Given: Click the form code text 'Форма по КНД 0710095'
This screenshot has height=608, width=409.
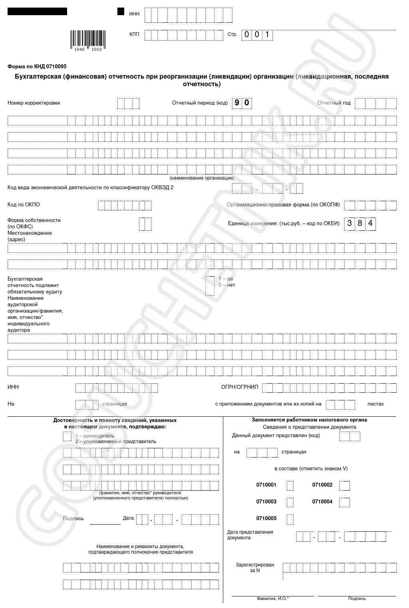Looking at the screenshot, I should pyautogui.click(x=37, y=67).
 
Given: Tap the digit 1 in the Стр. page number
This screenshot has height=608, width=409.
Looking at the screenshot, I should pyautogui.click(x=267, y=35).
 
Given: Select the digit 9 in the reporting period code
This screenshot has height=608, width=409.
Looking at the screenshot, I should pyautogui.click(x=237, y=103).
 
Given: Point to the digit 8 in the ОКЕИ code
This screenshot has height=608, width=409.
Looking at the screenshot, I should pyautogui.click(x=360, y=223).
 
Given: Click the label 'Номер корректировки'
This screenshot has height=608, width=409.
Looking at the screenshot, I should pyautogui.click(x=34, y=103).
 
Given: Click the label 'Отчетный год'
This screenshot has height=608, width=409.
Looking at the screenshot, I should pyautogui.click(x=334, y=103).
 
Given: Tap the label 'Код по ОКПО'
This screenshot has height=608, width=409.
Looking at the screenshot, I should pyautogui.click(x=24, y=205).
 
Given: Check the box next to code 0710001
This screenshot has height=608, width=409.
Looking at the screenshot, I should pyautogui.click(x=290, y=485).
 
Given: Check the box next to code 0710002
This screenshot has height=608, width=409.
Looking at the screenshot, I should pyautogui.click(x=344, y=485).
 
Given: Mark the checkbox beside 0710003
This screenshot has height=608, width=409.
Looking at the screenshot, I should pyautogui.click(x=290, y=502).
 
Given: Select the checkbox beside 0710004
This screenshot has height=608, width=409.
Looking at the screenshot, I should pyautogui.click(x=344, y=502).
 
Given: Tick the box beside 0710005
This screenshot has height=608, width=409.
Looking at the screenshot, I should pyautogui.click(x=290, y=519).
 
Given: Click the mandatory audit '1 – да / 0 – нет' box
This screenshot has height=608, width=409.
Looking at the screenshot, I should pyautogui.click(x=210, y=285).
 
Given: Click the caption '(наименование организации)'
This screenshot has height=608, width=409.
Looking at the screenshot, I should pyautogui.click(x=202, y=178).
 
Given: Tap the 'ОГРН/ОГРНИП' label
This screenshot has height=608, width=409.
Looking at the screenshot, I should pyautogui.click(x=240, y=387).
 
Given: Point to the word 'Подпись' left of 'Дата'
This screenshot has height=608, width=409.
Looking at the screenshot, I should pyautogui.click(x=73, y=519).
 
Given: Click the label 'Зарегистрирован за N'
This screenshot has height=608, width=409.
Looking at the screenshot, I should pyautogui.click(x=255, y=568).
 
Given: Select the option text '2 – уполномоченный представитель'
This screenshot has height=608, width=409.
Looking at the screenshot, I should pyautogui.click(x=116, y=442).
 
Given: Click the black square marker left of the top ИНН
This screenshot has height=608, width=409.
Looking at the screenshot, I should pyautogui.click(x=121, y=12).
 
